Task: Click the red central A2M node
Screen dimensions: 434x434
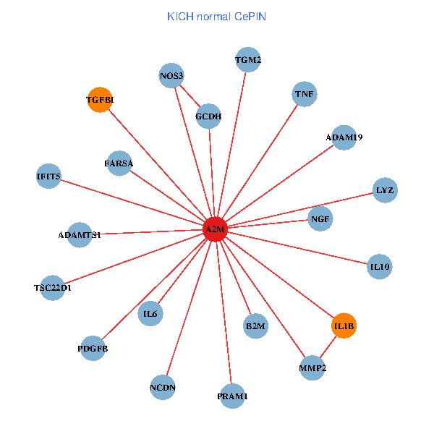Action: pyautogui.click(x=216, y=230)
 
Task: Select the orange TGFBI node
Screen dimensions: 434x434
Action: pyautogui.click(x=99, y=100)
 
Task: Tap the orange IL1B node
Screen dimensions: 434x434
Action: pyautogui.click(x=344, y=326)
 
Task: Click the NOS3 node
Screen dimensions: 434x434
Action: pyautogui.click(x=171, y=76)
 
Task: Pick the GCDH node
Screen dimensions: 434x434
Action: pyautogui.click(x=208, y=116)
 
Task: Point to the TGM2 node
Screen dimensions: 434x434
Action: pyautogui.click(x=248, y=60)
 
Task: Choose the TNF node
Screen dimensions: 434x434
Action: pyautogui.click(x=305, y=94)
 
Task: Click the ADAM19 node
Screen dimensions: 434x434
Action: pyautogui.click(x=344, y=137)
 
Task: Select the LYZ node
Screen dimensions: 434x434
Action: pyautogui.click(x=385, y=190)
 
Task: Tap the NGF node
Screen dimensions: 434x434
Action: pyautogui.click(x=320, y=218)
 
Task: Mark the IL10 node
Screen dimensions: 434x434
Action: pyautogui.click(x=380, y=266)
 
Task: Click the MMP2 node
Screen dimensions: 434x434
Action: pyautogui.click(x=312, y=368)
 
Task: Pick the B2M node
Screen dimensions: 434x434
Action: pyautogui.click(x=256, y=327)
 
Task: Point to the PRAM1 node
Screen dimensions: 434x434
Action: pyautogui.click(x=232, y=396)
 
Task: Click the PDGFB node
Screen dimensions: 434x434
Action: pyautogui.click(x=93, y=349)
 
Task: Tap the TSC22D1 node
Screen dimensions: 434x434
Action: pyautogui.click(x=53, y=287)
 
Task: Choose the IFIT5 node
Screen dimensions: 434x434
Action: pyautogui.click(x=48, y=176)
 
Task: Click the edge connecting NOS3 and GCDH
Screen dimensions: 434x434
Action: pyautogui.click(x=190, y=95)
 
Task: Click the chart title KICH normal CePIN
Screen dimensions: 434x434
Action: pyautogui.click(x=216, y=16)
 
